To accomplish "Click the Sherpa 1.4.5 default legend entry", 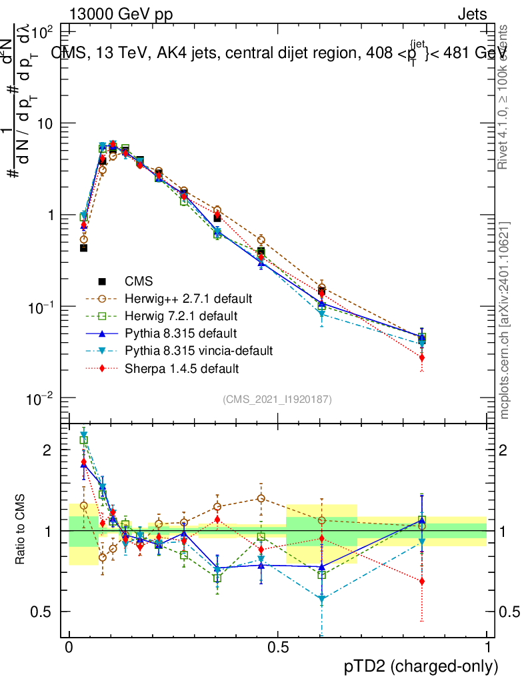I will (x=181, y=368).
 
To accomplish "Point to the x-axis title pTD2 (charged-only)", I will (x=421, y=666).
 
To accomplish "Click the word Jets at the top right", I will (x=472, y=15).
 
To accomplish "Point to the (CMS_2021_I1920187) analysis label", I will (x=277, y=399).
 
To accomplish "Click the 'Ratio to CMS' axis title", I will (x=21, y=530).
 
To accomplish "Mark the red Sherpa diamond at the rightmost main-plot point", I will (x=421, y=358).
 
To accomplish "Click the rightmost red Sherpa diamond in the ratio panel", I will (x=421, y=581).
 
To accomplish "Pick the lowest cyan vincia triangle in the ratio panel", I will (x=322, y=600).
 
